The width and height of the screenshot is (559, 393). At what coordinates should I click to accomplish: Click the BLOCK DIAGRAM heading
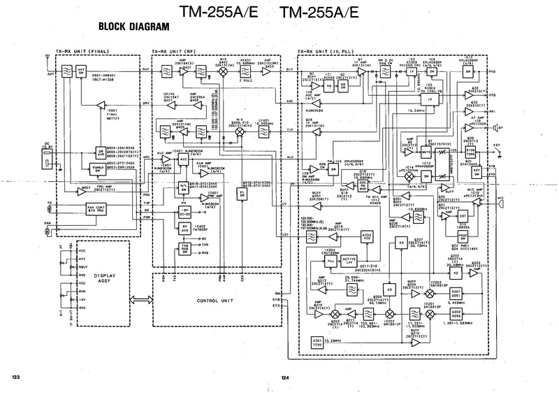130,28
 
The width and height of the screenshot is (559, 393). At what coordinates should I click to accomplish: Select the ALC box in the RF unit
184,159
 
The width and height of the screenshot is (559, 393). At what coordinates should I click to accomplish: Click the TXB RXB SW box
186,248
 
